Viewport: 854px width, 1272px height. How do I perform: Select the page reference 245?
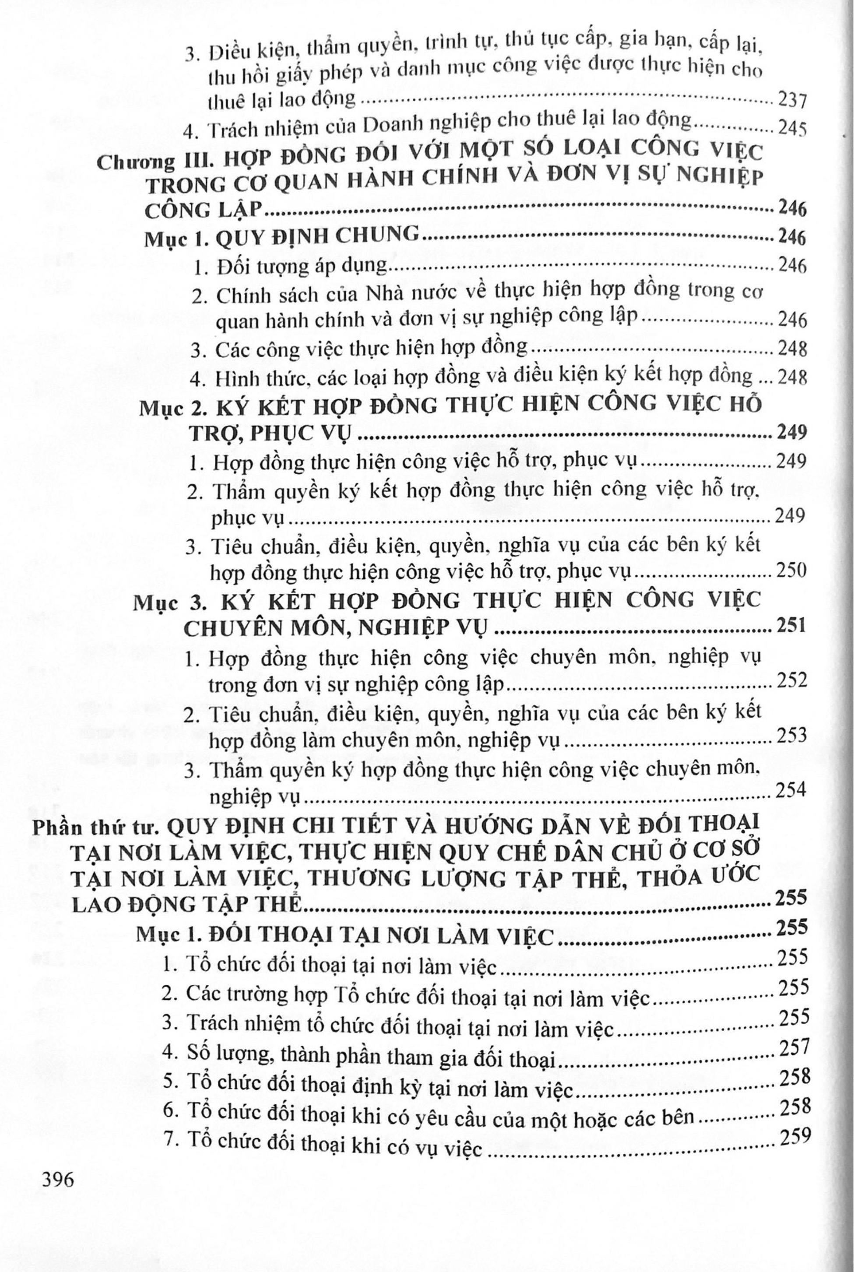[x=792, y=129]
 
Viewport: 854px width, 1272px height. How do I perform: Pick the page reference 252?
[x=791, y=682]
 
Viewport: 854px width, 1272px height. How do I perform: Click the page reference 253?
[x=791, y=737]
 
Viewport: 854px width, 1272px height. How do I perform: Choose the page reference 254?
[x=791, y=790]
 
